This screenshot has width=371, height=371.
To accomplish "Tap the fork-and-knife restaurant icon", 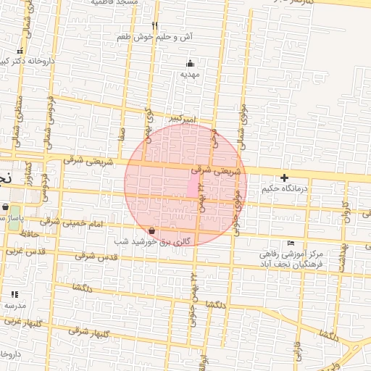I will tap(154, 25).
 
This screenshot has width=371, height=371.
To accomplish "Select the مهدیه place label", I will tap(190, 74).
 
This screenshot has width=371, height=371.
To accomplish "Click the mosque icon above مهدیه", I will tap(190, 63).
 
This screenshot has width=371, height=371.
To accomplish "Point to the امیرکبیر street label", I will tap(178, 117).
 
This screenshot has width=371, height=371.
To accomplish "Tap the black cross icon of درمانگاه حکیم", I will tap(285, 178).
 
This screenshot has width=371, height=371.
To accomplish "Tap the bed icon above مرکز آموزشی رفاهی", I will tap(291, 243).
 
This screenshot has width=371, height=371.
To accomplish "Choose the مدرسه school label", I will tap(14, 305).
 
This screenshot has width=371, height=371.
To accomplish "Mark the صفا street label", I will tap(123, 133).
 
